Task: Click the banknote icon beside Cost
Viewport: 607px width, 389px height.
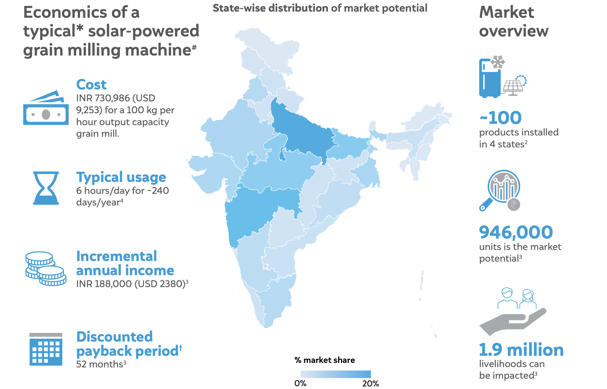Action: [x=46, y=108]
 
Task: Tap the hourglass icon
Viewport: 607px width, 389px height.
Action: [x=46, y=188]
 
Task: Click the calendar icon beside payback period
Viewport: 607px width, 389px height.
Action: [x=46, y=349]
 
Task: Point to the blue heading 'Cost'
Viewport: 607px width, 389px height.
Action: [x=91, y=85]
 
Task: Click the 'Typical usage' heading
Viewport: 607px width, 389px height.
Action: [x=121, y=177]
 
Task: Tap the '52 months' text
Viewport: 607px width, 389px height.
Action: [x=101, y=364]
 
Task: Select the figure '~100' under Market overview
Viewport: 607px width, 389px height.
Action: [x=501, y=118]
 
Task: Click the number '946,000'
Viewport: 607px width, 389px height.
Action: [x=516, y=232]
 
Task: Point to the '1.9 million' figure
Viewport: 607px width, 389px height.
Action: [x=521, y=350]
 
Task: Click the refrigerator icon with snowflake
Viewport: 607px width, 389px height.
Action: [x=490, y=77]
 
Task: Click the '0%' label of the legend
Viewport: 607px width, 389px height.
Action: [x=300, y=384]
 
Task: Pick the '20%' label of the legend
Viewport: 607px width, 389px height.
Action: [x=370, y=384]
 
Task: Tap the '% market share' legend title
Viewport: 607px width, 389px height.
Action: [x=324, y=360]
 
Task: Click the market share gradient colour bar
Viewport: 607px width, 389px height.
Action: [x=335, y=374]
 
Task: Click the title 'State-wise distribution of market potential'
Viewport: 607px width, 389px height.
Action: [x=320, y=8]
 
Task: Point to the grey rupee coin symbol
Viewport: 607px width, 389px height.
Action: [x=514, y=204]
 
